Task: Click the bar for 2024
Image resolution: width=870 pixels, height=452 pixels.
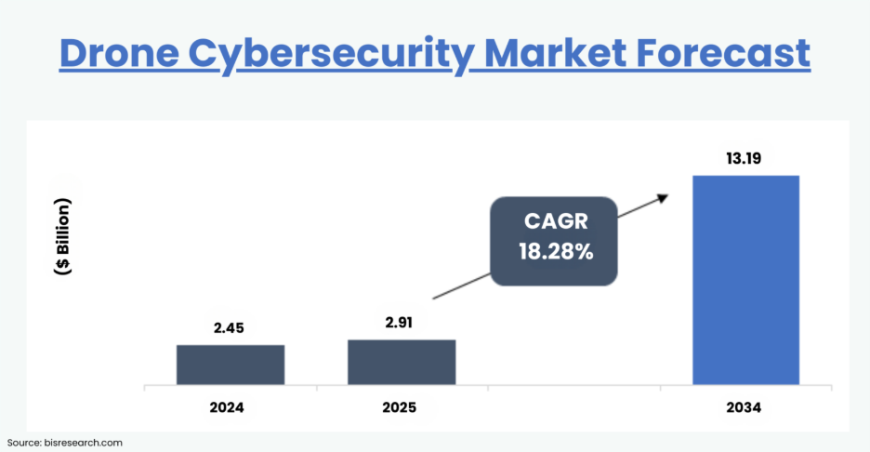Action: coord(231,365)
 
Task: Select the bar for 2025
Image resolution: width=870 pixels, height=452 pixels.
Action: coord(402,362)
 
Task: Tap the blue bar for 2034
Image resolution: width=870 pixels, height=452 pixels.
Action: coord(746,279)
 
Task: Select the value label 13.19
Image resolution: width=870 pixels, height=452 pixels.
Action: coord(746,157)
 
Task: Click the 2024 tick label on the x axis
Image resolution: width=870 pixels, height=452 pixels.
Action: coord(231,407)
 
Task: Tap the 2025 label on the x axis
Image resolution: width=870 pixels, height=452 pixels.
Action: coord(402,407)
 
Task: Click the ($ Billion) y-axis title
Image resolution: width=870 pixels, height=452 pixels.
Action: coord(63,236)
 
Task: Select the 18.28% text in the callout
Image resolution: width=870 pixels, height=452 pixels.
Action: coord(556,252)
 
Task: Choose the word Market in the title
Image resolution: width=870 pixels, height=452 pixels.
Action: coord(559,53)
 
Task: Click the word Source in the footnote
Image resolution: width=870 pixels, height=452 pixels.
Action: coord(25,443)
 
